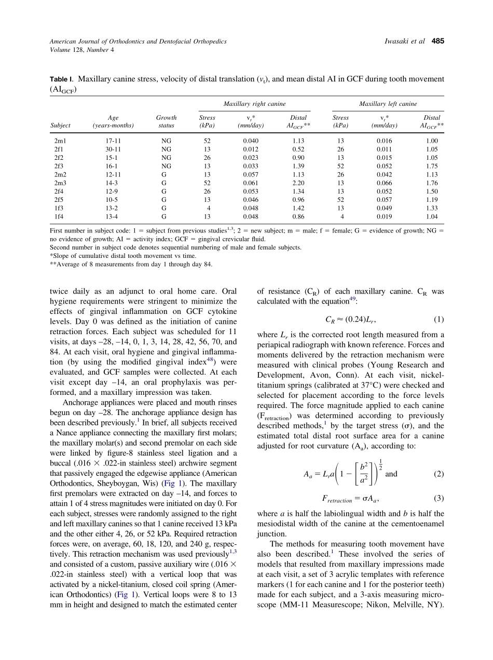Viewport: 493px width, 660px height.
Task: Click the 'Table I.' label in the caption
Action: (62, 79)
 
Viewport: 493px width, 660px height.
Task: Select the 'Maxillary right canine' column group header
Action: (254, 104)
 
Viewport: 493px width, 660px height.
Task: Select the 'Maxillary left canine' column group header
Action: (388, 104)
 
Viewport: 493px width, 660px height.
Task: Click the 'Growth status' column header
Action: (166, 121)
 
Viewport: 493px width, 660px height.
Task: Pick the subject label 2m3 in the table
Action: (60, 183)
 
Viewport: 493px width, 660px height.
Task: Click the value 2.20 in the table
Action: (298, 183)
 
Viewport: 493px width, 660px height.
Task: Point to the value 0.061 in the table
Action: (251, 183)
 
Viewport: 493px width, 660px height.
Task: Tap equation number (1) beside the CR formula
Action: (439, 319)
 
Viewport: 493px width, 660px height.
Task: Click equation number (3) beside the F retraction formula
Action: (439, 499)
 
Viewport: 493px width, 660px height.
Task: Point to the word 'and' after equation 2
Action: (391, 474)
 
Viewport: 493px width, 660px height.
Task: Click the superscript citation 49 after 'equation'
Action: (352, 299)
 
